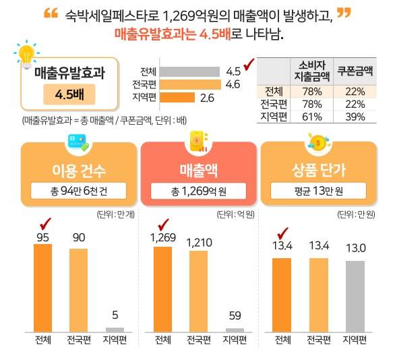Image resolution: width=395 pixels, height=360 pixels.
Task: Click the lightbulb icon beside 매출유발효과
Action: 26,55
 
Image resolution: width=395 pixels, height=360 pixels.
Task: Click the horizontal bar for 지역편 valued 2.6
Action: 177,98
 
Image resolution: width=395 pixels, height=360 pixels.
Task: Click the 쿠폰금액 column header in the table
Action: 355,69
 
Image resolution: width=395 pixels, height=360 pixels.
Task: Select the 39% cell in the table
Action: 355,117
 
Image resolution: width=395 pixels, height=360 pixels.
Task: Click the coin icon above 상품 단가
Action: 317,142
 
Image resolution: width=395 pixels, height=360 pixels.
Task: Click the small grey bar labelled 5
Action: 115,330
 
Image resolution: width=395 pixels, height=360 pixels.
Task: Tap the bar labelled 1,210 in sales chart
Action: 198,291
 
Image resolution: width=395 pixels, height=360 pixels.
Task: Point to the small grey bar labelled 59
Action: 235,330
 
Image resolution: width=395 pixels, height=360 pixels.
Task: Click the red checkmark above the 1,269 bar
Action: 162,224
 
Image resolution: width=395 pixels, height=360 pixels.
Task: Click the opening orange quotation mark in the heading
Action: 50,13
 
